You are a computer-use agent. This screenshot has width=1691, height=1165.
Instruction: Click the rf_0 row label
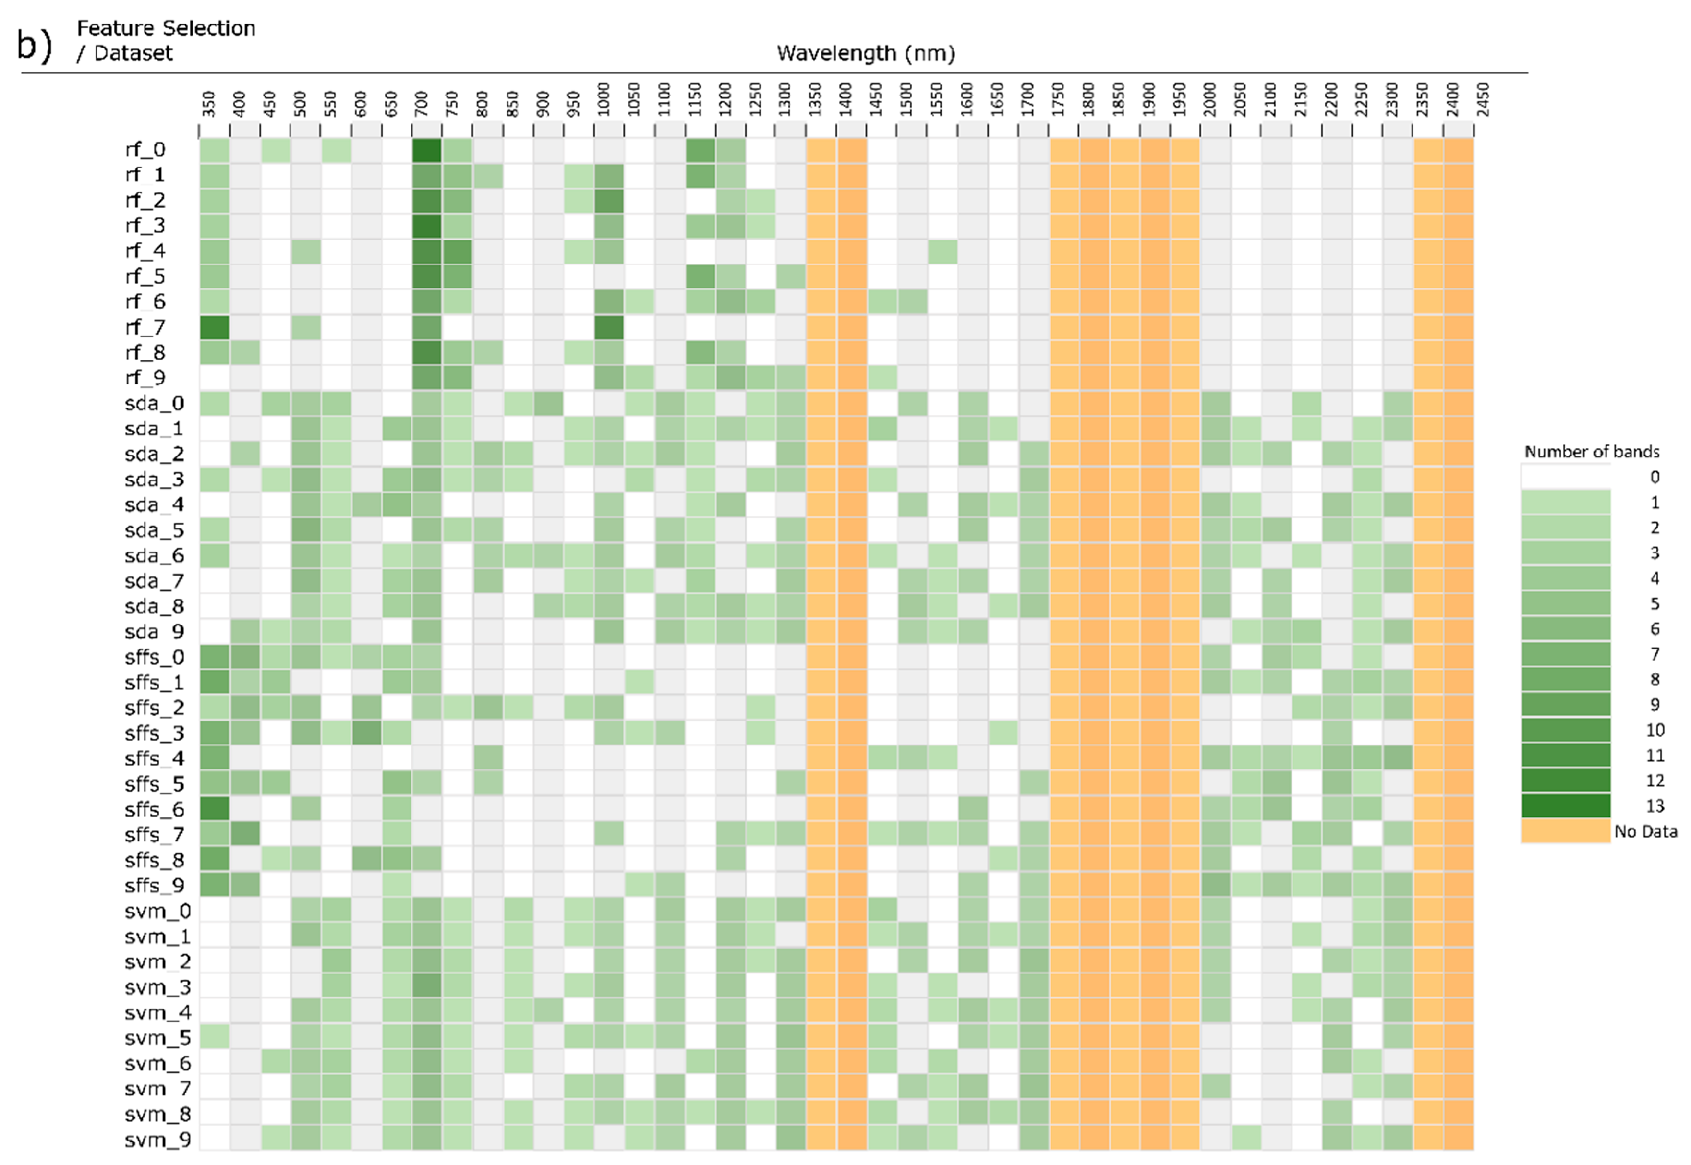[145, 150]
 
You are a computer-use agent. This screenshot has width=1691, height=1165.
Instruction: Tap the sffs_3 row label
[154, 733]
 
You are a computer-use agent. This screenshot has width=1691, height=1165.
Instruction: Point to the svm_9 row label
[157, 1140]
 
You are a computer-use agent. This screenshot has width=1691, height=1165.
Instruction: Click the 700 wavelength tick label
[421, 104]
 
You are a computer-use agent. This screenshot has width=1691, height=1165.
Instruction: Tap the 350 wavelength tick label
[209, 104]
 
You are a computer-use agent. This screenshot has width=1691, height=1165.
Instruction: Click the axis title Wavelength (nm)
[866, 53]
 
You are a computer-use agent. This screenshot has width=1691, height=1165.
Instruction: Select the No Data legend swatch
[1565, 831]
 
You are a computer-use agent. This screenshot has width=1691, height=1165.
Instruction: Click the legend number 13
[1655, 806]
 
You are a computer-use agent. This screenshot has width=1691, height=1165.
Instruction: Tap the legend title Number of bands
[1592, 452]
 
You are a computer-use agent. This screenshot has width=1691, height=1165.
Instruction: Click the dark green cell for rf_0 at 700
[426, 150]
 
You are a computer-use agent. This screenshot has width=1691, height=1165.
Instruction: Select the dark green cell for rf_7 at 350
[215, 327]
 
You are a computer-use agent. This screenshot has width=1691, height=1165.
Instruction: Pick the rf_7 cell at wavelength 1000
[608, 327]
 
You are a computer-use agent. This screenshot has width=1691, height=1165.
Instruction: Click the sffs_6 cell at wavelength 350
[215, 809]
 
